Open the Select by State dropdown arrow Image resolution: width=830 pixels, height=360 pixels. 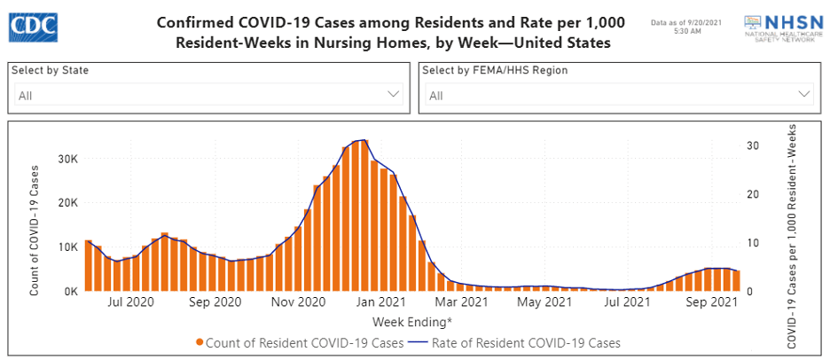tap(394, 94)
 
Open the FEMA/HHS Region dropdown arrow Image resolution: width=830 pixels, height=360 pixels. tap(803, 94)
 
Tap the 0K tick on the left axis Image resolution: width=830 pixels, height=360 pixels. tap(70, 290)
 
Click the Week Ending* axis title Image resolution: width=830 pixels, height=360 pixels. tap(411, 321)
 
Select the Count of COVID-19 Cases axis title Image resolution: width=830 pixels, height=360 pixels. tap(35, 230)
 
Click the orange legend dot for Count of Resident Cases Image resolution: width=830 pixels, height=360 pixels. tap(200, 342)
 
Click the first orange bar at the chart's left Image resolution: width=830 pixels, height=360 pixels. tap(89, 265)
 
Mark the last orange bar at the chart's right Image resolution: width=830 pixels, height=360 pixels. tap(736, 280)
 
